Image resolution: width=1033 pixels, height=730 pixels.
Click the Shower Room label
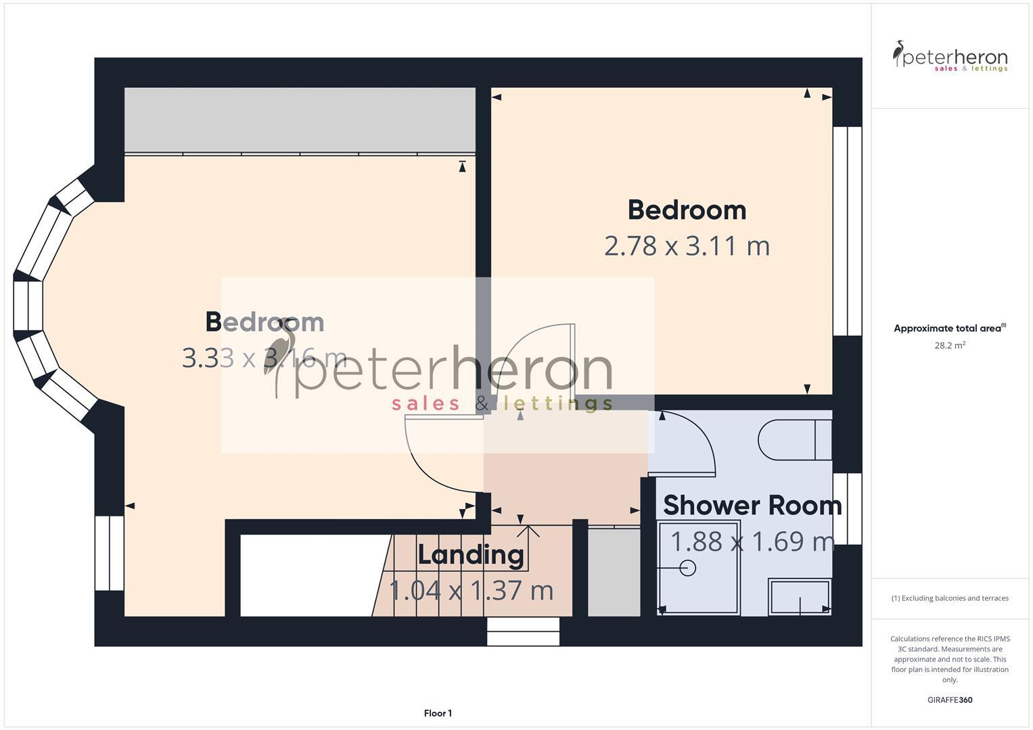(x=752, y=506)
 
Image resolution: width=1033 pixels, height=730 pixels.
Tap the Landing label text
(x=471, y=555)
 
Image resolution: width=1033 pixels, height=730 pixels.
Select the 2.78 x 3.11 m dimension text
(x=687, y=246)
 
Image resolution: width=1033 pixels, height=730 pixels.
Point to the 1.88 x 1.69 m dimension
(x=752, y=541)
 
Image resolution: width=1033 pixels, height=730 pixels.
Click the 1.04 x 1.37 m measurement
(x=472, y=591)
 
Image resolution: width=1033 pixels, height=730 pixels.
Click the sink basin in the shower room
(x=800, y=597)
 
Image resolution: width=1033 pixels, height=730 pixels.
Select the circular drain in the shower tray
(x=688, y=568)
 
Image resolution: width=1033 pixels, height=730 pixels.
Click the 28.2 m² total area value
(x=949, y=345)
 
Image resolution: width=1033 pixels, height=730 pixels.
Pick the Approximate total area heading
(x=949, y=328)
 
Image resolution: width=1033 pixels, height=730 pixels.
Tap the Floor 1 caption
(x=438, y=713)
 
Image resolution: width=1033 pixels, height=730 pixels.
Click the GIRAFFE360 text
(x=949, y=700)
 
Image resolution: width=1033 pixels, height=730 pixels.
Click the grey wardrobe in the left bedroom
(x=300, y=120)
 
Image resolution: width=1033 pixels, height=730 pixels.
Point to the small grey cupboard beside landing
(x=614, y=572)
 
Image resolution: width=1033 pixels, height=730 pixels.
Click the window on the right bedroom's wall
(x=847, y=230)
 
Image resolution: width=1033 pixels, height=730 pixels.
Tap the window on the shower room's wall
(x=847, y=508)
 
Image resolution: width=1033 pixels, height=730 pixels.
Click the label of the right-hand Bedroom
(x=687, y=210)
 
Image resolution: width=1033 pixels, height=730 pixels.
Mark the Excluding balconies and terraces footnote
(x=949, y=598)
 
